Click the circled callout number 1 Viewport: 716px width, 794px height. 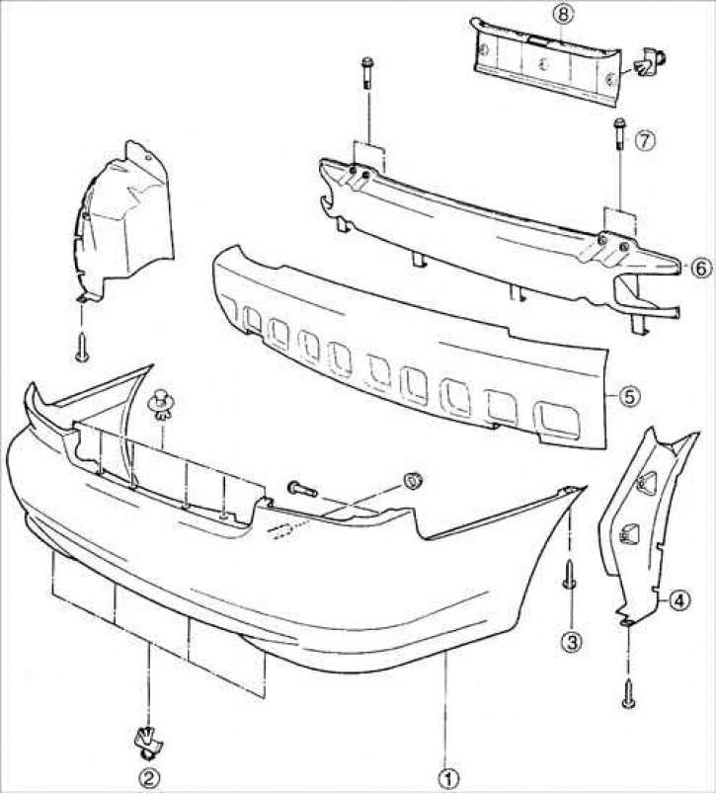[x=447, y=777]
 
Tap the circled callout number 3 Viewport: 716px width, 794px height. [x=571, y=641]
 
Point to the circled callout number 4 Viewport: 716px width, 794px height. [x=680, y=598]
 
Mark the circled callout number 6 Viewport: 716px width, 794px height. [x=698, y=268]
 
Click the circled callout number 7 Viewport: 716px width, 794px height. [x=644, y=141]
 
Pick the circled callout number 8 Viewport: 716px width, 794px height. [x=563, y=14]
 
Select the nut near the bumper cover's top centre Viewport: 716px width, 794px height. [x=413, y=481]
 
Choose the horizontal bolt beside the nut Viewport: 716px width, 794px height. [x=301, y=487]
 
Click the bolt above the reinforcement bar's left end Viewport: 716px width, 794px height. [x=367, y=73]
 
